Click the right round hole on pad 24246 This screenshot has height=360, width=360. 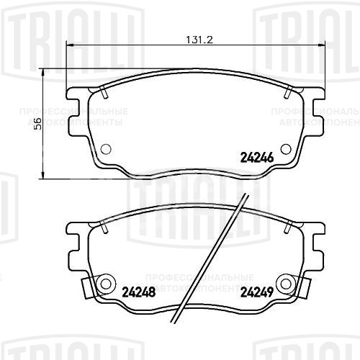[x=285, y=149]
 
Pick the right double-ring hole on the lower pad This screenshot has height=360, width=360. [x=286, y=283]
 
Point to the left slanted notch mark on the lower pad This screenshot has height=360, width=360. [x=104, y=228]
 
